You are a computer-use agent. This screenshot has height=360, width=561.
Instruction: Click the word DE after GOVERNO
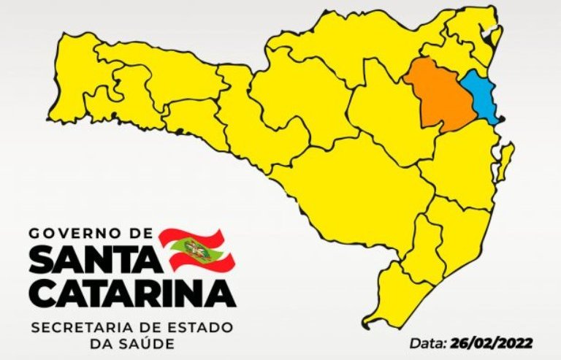(x=141, y=234)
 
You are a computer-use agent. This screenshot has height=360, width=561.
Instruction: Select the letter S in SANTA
(x=44, y=259)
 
